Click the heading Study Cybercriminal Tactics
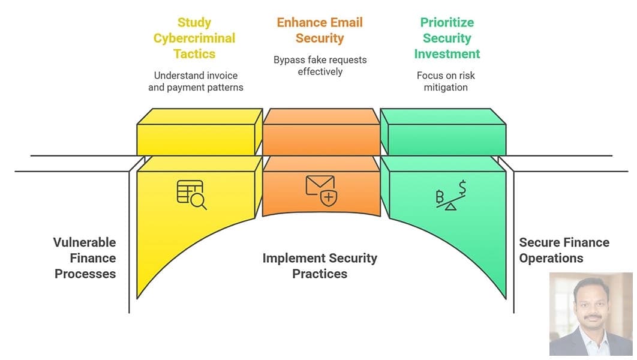[x=194, y=38]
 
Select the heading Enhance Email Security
[x=320, y=30]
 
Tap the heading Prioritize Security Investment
[x=447, y=38]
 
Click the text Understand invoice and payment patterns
[x=196, y=81]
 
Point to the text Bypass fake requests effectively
[x=320, y=65]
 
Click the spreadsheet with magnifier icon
[x=191, y=194]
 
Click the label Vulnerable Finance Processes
[x=85, y=258]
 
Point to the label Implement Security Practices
[x=320, y=266]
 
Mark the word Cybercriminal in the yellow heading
[x=194, y=38]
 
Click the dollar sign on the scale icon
[x=461, y=187]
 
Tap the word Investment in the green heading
[x=447, y=53]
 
